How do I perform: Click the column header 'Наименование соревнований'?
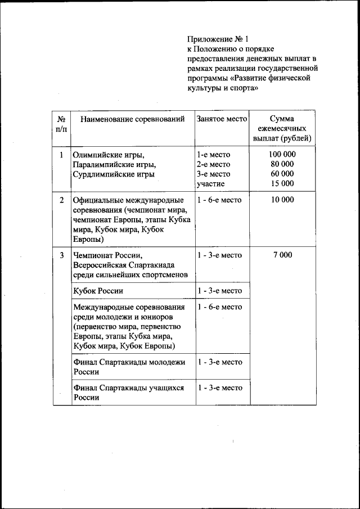coord(132,119)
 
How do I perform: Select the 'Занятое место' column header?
coord(222,119)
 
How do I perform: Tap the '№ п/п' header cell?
coord(61,124)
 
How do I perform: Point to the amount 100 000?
coord(282,154)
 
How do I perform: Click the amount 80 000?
coord(282,164)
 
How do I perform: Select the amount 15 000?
coord(282,183)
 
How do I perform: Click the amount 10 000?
coord(282,200)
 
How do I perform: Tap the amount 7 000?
coord(282,255)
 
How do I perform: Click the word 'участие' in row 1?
coord(211,183)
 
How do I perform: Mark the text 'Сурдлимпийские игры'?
coord(113,174)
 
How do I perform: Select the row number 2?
coord(61,200)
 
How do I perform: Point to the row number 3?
coord(61,255)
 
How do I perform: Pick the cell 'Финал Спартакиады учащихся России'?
coord(129,393)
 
